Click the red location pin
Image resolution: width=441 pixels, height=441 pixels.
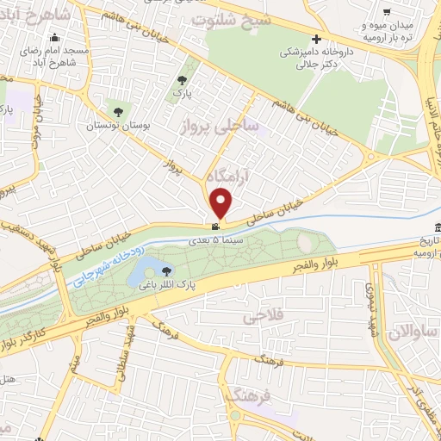pyautogui.click(x=221, y=202)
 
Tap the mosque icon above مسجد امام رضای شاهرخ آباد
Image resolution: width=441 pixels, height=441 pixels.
pyautogui.click(x=56, y=37)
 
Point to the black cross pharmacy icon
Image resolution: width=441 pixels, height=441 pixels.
pyautogui.click(x=318, y=39)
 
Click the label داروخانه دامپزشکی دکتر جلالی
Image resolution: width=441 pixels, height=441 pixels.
pyautogui.click(x=316, y=58)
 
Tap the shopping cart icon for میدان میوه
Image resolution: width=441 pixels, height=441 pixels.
pyautogui.click(x=387, y=12)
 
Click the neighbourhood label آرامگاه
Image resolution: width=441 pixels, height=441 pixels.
pyautogui.click(x=233, y=174)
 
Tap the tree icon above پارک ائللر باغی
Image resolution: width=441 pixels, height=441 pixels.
pyautogui.click(x=167, y=269)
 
